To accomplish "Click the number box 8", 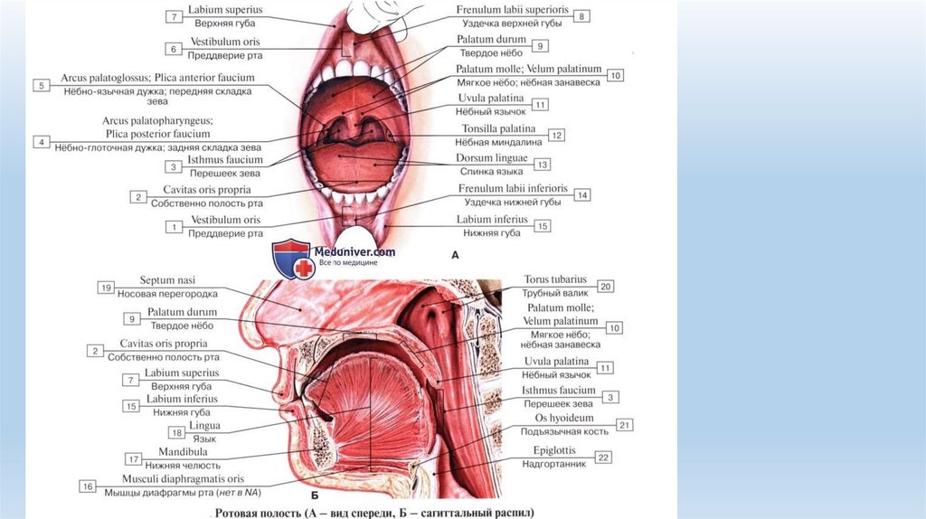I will (583, 16).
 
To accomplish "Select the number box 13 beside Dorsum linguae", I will (543, 165).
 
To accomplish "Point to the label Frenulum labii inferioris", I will (512, 189).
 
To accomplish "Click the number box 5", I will (41, 85).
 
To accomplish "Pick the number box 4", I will (41, 142).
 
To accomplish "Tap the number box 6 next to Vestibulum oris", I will (173, 48).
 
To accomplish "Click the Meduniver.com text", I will (354, 252).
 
